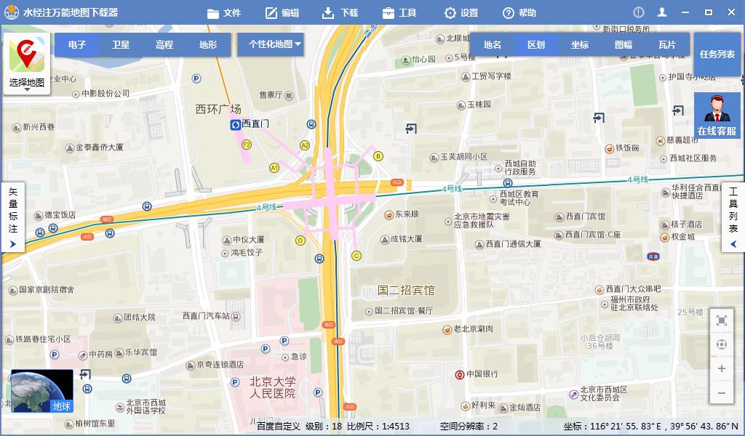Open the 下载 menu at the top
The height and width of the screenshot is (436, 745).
point(340,13)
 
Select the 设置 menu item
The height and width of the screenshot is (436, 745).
point(461,13)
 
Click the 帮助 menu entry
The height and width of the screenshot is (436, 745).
point(519,13)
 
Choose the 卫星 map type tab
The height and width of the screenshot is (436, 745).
point(121,45)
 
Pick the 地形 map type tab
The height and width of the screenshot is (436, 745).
point(208,45)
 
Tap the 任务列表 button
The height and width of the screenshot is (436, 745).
point(717,54)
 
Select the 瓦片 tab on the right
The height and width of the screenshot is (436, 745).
point(666,45)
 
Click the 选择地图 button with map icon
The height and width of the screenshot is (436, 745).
point(27,64)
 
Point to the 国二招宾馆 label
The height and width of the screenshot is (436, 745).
point(405,291)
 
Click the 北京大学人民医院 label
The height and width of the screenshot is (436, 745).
point(273,387)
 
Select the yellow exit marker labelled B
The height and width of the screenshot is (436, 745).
point(378,156)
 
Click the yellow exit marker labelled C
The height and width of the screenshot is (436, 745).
point(356,256)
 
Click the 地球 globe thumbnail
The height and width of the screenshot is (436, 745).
point(42,391)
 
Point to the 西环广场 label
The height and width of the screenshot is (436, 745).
point(218,109)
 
